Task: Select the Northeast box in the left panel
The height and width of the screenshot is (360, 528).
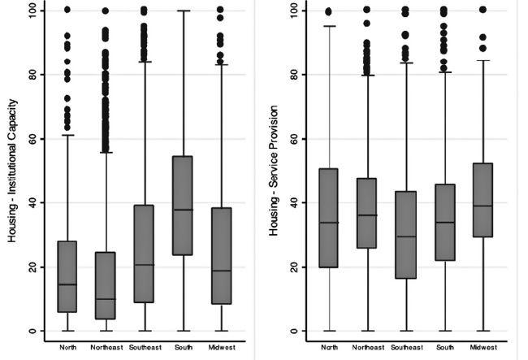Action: [x=106, y=285]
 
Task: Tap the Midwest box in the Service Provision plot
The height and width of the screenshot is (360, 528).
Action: [x=483, y=200]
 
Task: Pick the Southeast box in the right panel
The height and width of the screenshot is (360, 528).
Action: [x=406, y=235]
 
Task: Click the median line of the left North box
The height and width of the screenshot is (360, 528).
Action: [x=67, y=284]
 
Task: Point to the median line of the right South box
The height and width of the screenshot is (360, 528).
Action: [x=445, y=223]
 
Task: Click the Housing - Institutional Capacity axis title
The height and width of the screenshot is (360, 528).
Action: [x=12, y=171]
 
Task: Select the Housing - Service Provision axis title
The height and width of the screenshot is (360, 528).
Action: [x=273, y=171]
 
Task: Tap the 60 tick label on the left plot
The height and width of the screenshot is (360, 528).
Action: [x=33, y=139]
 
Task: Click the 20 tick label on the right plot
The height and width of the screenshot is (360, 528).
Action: [x=294, y=267]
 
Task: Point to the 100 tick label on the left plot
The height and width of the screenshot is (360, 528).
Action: [x=33, y=11]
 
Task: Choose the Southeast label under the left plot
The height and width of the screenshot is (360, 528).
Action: [x=145, y=347]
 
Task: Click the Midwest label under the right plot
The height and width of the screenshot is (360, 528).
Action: [x=483, y=347]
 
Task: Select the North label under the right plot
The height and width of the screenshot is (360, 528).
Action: [x=329, y=347]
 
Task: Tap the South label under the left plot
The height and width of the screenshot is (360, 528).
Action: [x=184, y=347]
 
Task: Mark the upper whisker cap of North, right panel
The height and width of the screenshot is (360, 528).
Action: [x=329, y=26]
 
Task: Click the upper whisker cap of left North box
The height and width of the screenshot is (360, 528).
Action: [x=67, y=135]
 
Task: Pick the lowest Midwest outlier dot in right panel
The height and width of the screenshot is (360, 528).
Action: [x=483, y=48]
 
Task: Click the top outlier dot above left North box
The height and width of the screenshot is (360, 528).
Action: [x=67, y=10]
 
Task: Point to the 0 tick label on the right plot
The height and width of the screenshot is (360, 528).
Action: [x=294, y=331]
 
